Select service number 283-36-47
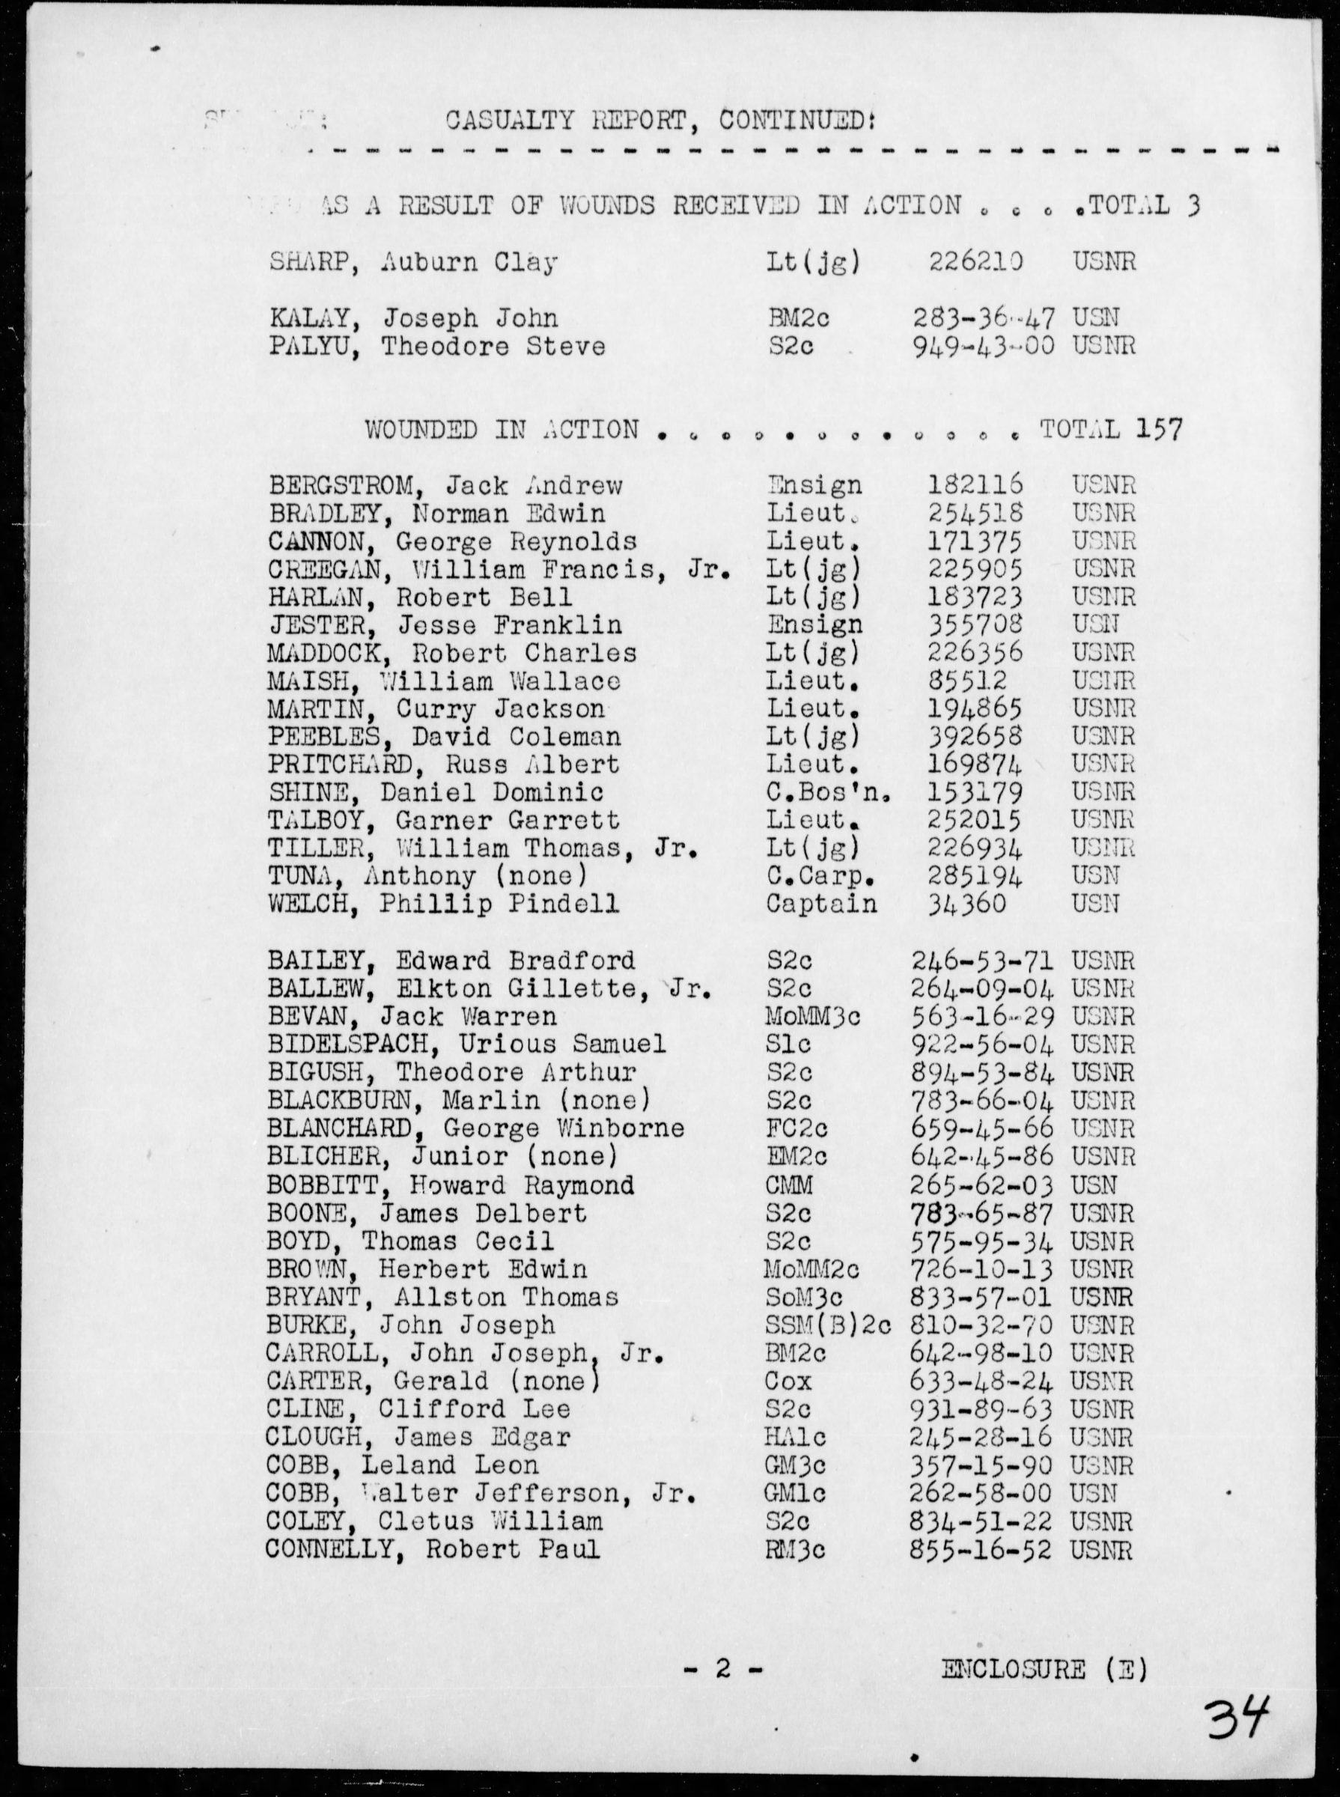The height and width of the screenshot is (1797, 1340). coord(983,319)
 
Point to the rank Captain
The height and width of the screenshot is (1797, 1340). coord(821,904)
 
